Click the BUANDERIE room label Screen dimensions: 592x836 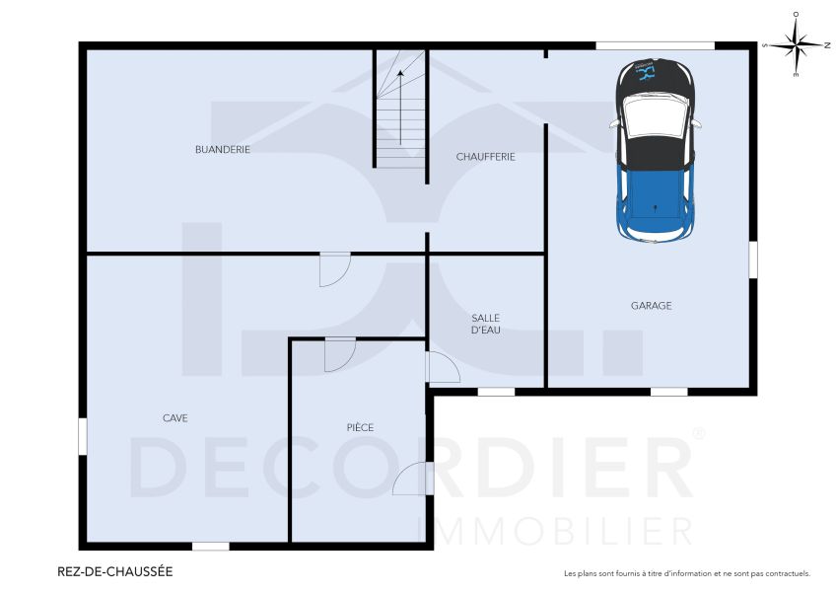tap(222, 150)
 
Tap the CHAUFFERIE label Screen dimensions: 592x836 tap(485, 157)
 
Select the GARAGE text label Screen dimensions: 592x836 tap(651, 306)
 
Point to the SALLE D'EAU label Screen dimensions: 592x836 tap(485, 324)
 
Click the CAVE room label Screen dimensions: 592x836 tap(174, 418)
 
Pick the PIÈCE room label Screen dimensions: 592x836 tap(360, 427)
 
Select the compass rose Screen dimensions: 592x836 tap(796, 43)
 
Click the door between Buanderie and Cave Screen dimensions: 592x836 tap(335, 268)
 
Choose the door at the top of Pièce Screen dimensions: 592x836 tap(338, 353)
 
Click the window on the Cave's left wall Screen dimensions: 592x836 tap(83, 436)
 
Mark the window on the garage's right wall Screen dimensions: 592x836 tap(753, 259)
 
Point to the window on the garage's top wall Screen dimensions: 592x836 tap(655, 44)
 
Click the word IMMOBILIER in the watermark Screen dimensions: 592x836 tap(555, 530)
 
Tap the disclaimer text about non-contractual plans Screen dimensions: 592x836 tap(686, 573)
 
